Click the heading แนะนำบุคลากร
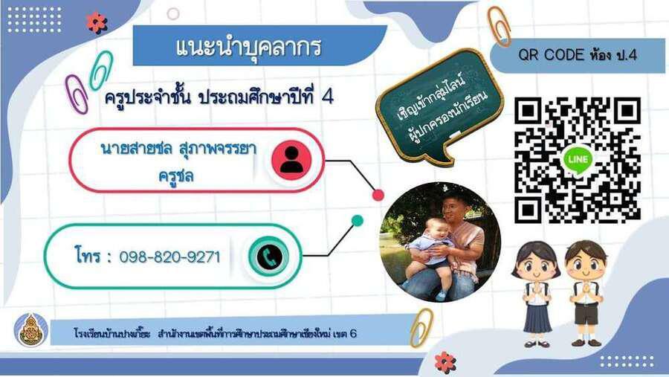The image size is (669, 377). tap(248, 47)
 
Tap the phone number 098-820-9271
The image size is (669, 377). tap(169, 257)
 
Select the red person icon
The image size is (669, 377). tap(291, 160)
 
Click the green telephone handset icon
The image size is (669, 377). tap(269, 257)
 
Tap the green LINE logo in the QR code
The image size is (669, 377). tap(578, 160)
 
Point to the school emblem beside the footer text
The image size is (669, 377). tap(30, 330)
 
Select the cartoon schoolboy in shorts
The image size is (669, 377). tap(586, 293)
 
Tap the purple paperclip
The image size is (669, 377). tap(77, 94)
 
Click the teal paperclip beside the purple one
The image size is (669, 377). tap(101, 70)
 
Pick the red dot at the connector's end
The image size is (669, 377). tap(378, 195)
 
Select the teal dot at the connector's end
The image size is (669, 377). tap(357, 220)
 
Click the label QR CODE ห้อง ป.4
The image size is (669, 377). tap(578, 55)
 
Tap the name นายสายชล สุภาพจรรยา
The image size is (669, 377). tap(178, 149)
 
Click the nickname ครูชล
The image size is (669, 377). tap(175, 175)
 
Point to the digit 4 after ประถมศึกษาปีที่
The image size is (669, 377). tap(327, 97)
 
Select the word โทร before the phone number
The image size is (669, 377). tap(88, 255)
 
